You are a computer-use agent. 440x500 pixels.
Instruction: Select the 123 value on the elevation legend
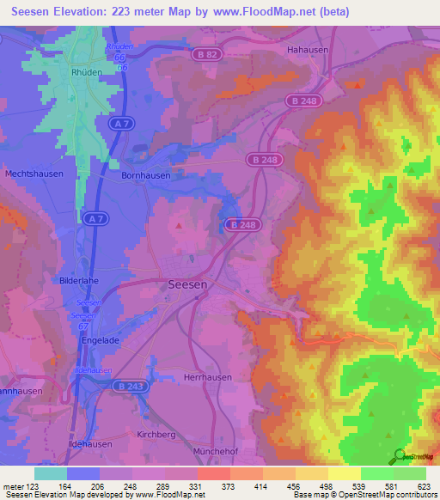coord(36,485)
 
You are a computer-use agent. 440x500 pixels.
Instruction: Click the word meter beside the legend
coord(15,485)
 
